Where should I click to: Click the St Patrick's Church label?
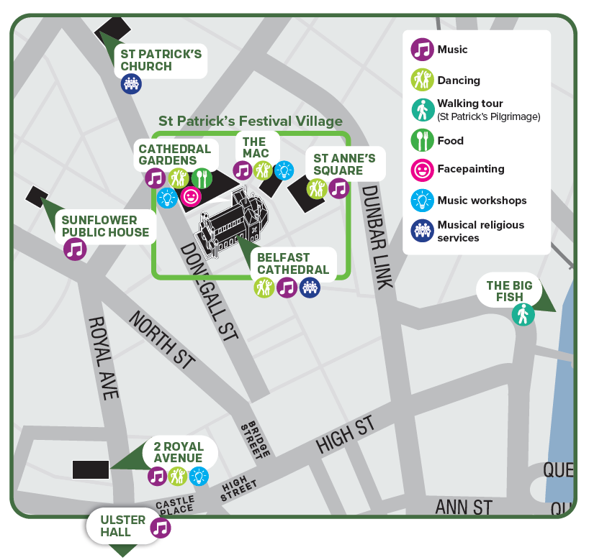click(x=161, y=60)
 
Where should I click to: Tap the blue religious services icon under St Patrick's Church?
click(x=131, y=84)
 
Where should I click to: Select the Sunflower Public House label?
click(x=105, y=226)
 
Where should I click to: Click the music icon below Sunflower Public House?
click(x=75, y=249)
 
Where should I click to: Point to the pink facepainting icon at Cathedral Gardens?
click(x=191, y=196)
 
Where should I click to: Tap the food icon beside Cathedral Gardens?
click(x=202, y=177)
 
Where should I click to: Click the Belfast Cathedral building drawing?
click(x=233, y=219)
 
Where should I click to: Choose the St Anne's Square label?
click(x=343, y=165)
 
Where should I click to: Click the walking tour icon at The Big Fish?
click(x=523, y=314)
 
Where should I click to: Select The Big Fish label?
click(x=509, y=291)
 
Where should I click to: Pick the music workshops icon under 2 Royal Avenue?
click(x=199, y=476)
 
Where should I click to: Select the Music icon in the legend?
click(x=421, y=50)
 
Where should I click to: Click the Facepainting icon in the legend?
click(x=421, y=170)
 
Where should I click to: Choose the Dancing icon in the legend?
click(x=421, y=80)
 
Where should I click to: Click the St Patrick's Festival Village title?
click(x=251, y=121)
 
